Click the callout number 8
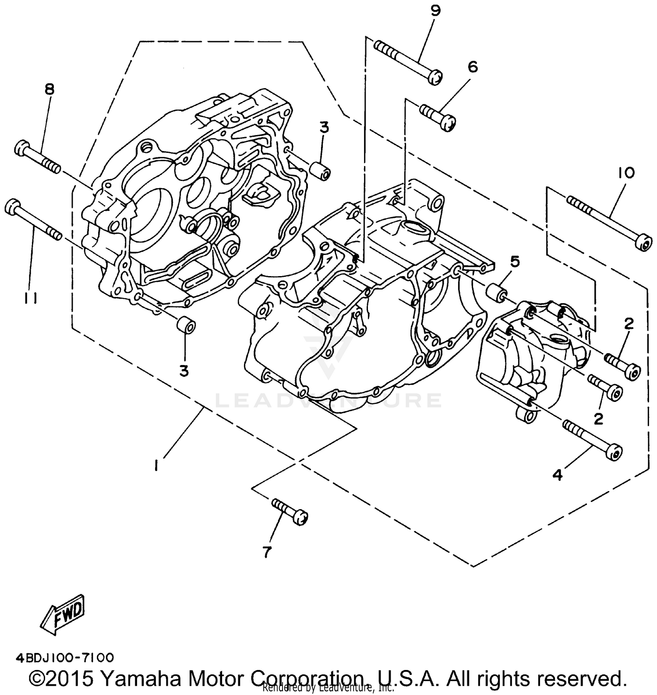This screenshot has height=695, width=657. pos(49,90)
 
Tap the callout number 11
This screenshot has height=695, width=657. pos(30,298)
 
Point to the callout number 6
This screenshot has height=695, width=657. pos(472,67)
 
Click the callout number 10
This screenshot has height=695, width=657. pos(626,173)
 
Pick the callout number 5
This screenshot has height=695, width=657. pos(515,262)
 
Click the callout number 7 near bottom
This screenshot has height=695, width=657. pos(267,552)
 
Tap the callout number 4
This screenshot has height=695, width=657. pos(557,475)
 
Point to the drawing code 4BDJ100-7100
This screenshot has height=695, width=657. pos(65,657)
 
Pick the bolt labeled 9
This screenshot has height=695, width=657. pos(407,61)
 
